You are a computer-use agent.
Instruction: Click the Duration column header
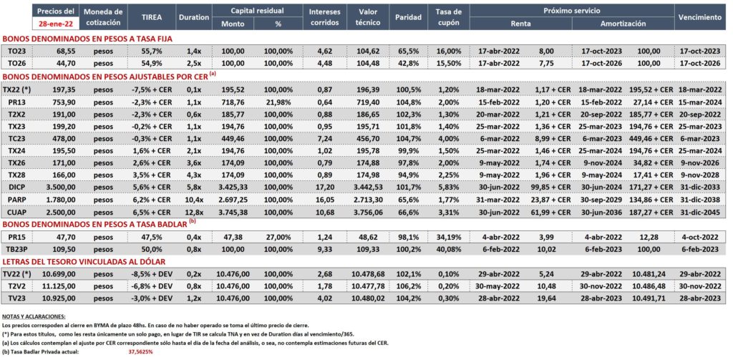193,17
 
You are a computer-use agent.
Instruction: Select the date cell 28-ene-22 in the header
55,22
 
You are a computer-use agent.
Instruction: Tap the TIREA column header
152,17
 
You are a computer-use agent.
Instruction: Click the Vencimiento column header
700,17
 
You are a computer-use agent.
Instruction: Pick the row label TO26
18,62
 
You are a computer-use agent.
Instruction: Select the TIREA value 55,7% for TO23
152,51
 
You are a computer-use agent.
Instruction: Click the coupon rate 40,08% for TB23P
450,250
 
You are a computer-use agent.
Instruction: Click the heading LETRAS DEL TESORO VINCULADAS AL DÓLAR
84,261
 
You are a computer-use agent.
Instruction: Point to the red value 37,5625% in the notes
141,351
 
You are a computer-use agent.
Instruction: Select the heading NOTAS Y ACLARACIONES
34,316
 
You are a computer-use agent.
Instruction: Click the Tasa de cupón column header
450,17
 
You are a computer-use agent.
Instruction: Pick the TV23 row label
18,298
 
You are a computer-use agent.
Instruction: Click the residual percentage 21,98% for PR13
278,102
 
